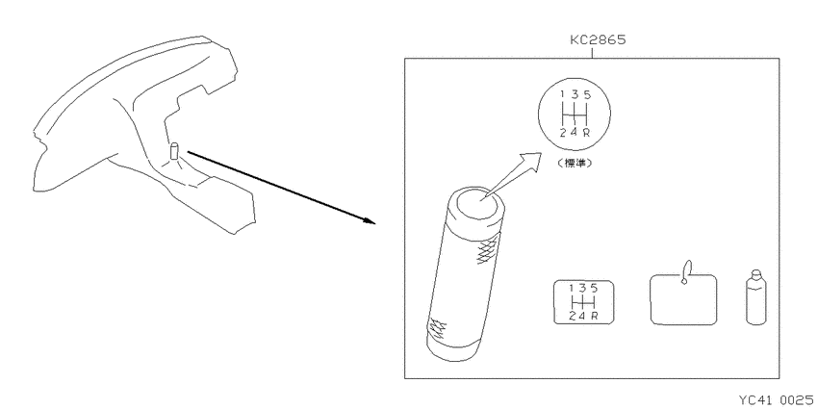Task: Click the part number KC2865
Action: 597,40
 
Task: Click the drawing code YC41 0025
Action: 776,399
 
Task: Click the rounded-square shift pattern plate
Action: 584,302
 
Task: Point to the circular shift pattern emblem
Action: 574,114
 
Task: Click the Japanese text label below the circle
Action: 574,163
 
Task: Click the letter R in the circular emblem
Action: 586,133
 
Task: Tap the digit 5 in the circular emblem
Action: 587,94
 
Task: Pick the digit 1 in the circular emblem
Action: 562,94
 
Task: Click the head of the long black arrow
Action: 370,220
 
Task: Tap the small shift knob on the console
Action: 174,151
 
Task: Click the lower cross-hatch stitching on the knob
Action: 437,329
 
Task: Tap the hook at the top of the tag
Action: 686,271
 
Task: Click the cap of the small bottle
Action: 755,274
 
